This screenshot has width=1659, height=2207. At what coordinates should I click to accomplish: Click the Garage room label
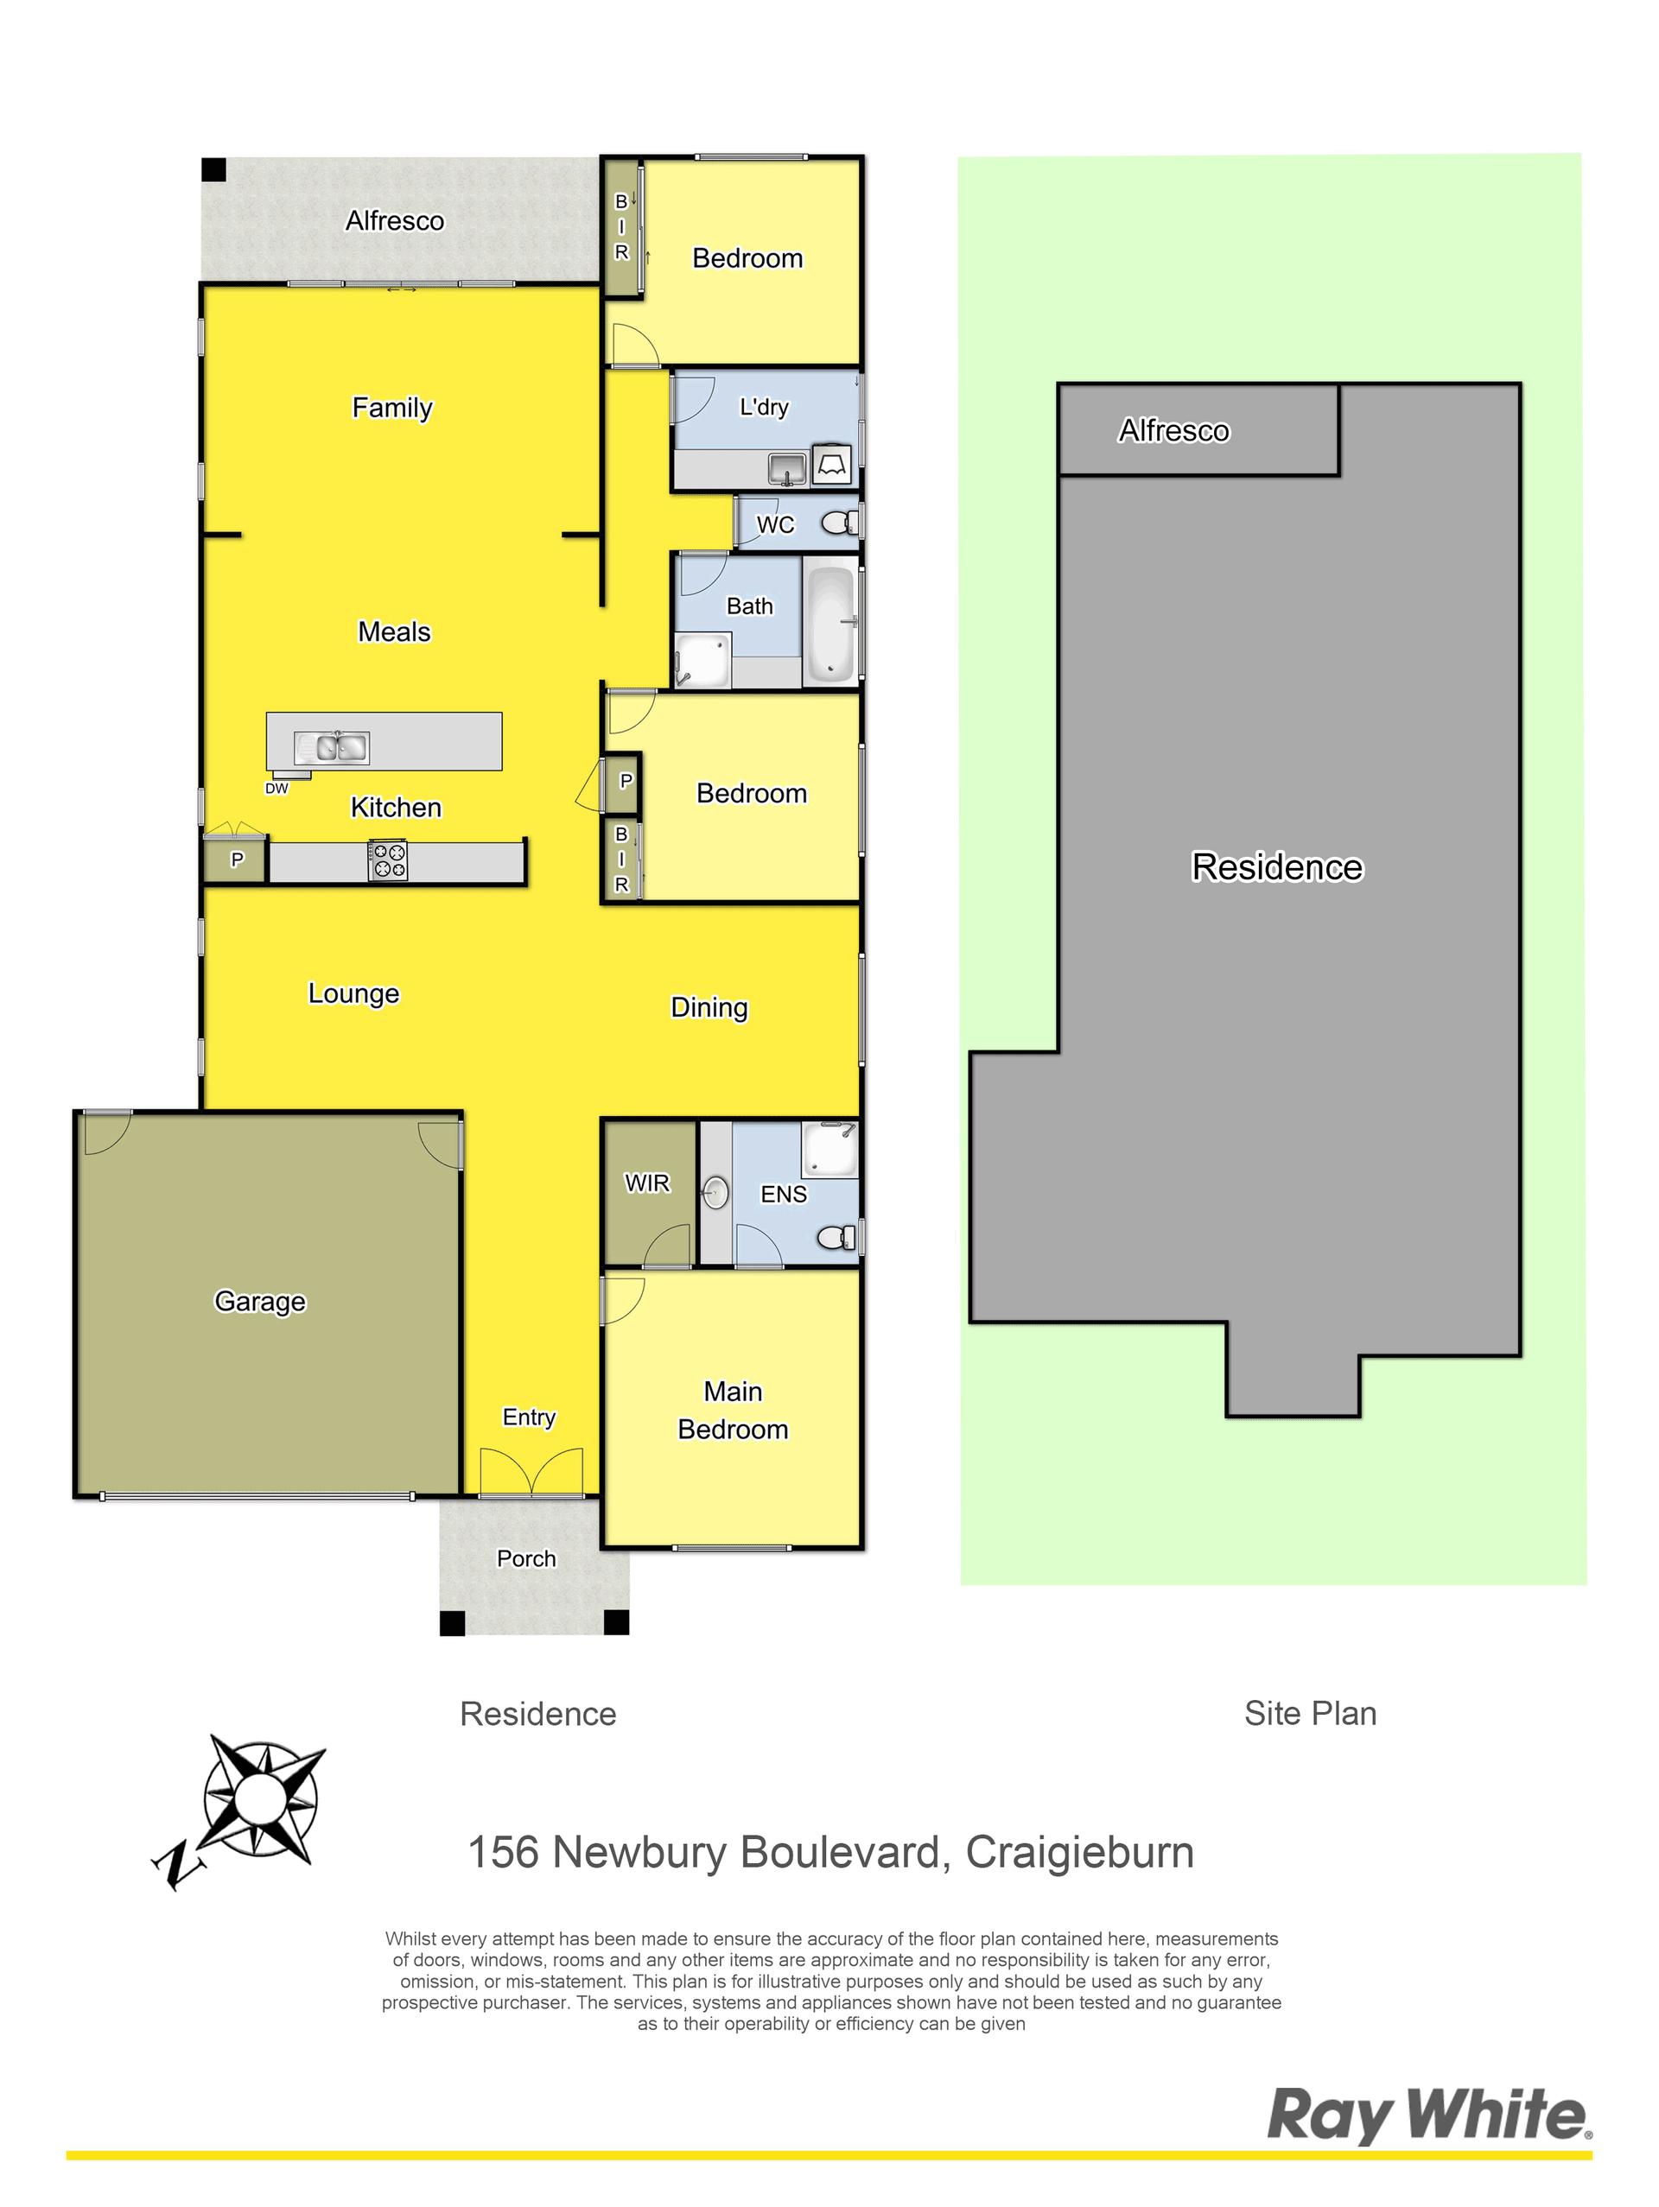[x=259, y=1301]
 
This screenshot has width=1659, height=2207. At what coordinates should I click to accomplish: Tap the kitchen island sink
[x=332, y=747]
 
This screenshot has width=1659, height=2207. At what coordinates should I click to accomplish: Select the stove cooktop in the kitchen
[x=387, y=860]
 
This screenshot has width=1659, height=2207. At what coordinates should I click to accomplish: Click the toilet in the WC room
[x=840, y=522]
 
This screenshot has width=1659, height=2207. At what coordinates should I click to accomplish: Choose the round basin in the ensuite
[x=715, y=1192]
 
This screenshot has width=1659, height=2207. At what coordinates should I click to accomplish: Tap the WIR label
[x=647, y=1183]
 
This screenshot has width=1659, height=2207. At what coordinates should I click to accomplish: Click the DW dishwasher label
[x=276, y=788]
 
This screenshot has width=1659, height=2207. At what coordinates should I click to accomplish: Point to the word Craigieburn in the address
[x=1079, y=1853]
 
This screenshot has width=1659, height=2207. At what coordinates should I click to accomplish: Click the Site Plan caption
[x=1310, y=1713]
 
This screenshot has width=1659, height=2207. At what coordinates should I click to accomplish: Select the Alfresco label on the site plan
[x=1174, y=430]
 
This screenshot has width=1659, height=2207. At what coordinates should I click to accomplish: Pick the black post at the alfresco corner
[x=213, y=169]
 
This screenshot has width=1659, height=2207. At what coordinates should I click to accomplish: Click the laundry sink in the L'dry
[x=787, y=468]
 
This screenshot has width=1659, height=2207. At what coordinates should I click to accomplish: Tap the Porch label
[x=526, y=1558]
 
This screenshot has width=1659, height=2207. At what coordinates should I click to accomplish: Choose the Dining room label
[x=709, y=1008]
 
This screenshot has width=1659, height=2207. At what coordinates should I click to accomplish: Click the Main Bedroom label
[x=733, y=1410]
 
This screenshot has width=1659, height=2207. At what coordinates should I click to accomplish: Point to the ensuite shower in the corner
[x=829, y=1150]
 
